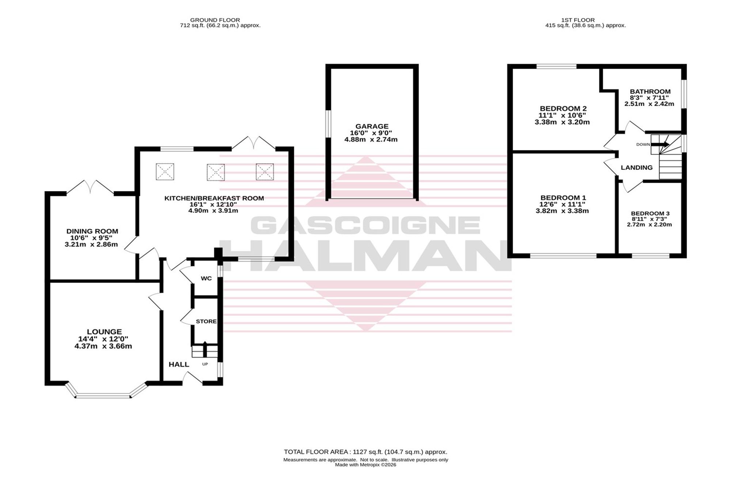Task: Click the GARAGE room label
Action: [372, 127]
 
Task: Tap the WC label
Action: [206, 278]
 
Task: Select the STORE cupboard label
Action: [206, 322]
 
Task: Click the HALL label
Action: [179, 364]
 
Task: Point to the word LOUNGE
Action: [104, 332]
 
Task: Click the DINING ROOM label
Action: [92, 231]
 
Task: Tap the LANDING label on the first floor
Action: [637, 168]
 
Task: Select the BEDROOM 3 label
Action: [650, 213]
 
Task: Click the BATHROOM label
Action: [650, 92]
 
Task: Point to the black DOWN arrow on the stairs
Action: [660, 144]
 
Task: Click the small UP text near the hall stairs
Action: [205, 364]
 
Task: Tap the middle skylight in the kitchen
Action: [216, 172]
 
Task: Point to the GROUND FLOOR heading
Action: [215, 20]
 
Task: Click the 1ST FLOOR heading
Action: [578, 20]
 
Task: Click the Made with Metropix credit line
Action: [365, 465]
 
